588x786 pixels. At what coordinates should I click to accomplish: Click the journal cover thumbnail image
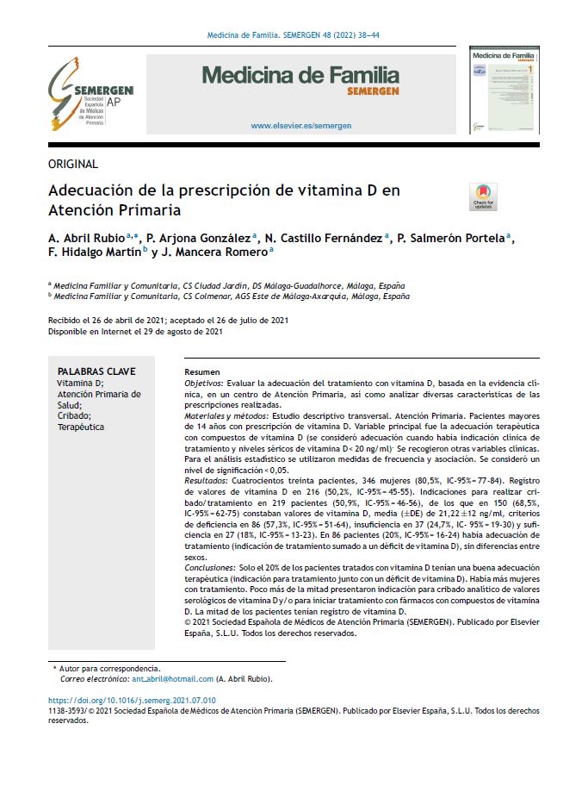(x=504, y=90)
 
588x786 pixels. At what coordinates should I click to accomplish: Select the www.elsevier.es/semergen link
(x=300, y=126)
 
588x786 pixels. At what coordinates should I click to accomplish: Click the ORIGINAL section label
(x=73, y=164)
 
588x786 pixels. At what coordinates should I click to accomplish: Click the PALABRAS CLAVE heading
(x=92, y=371)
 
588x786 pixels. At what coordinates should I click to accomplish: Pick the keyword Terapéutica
(x=80, y=427)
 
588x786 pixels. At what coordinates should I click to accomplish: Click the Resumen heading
(x=202, y=371)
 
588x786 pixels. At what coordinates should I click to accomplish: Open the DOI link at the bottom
(x=132, y=701)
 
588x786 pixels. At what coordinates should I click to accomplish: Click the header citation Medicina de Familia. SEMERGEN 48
(x=294, y=35)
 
